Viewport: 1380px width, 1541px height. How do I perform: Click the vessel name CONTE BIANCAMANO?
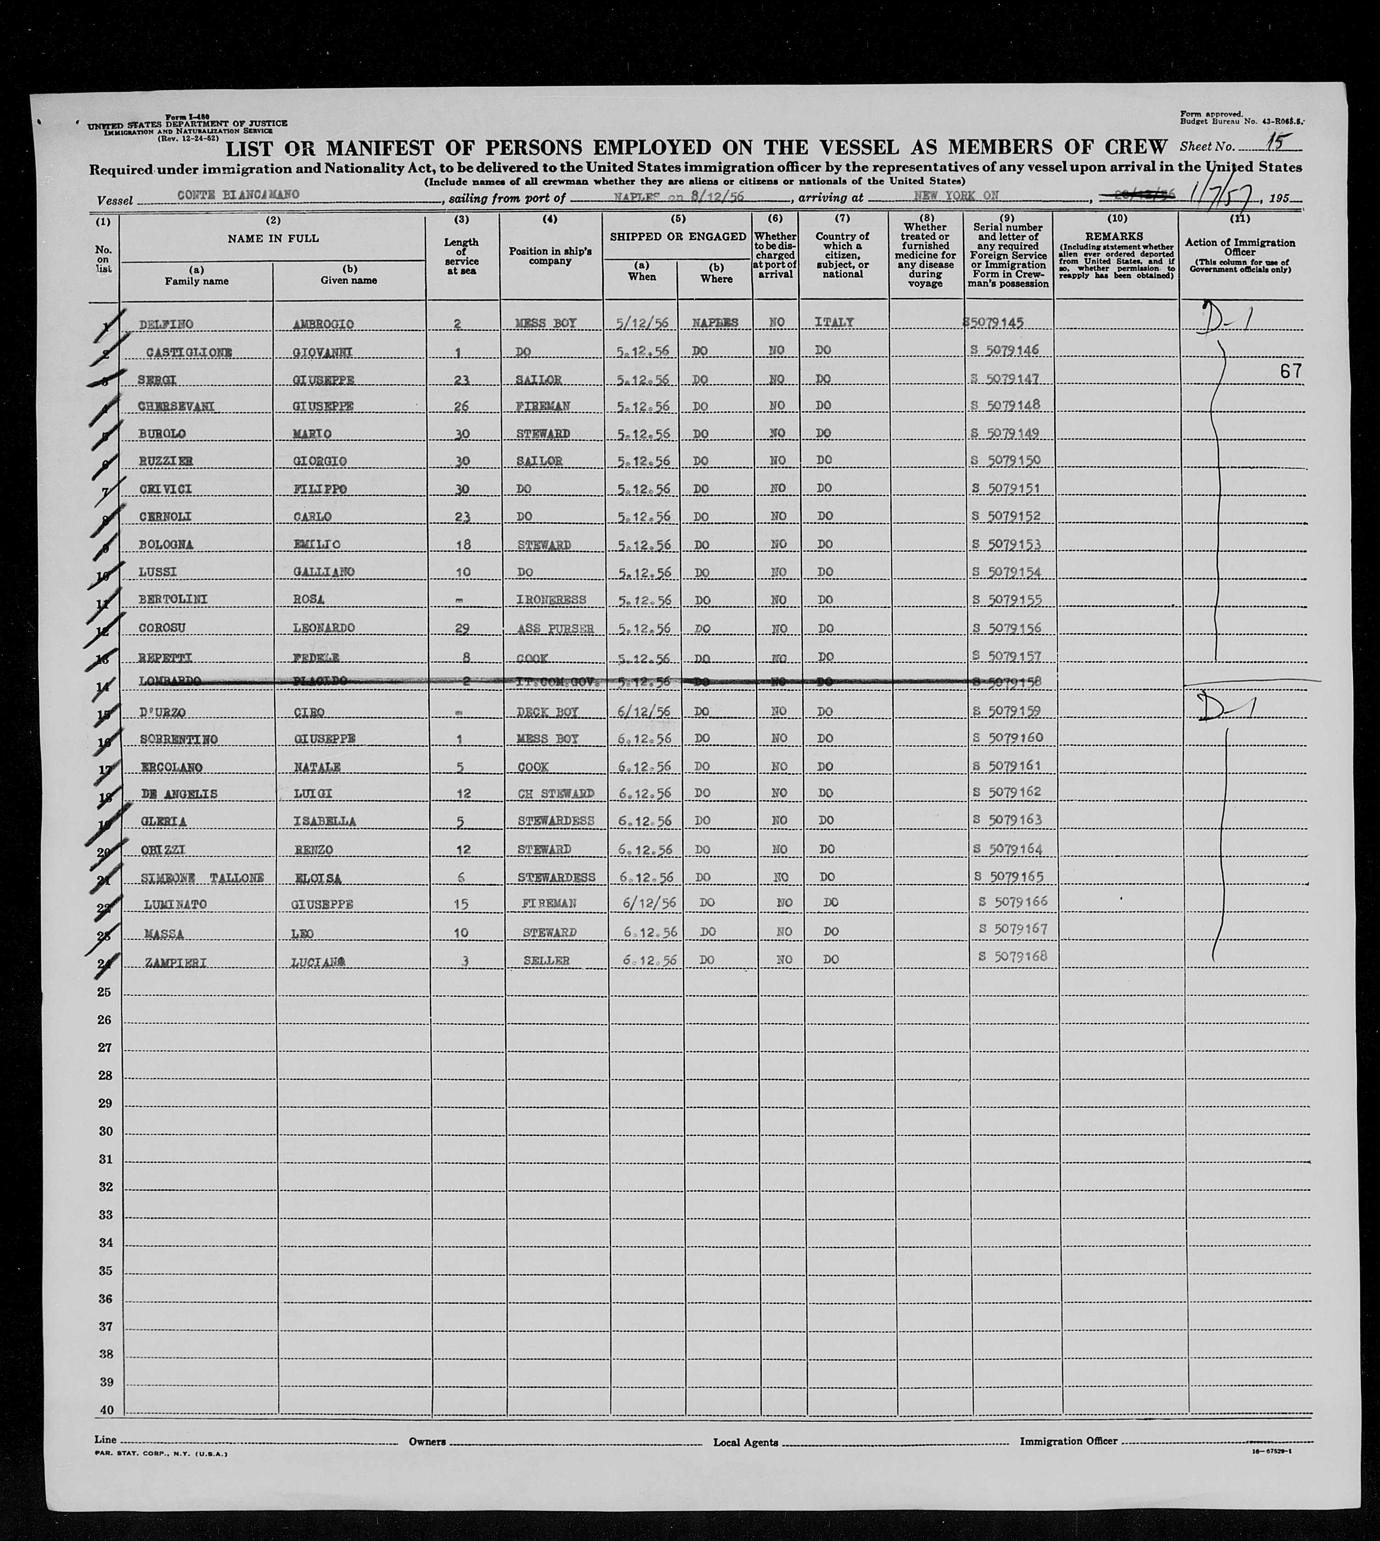238,195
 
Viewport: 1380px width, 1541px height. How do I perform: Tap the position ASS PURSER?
556,629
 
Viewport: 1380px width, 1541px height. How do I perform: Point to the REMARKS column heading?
1114,237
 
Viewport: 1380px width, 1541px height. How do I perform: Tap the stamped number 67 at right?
1290,371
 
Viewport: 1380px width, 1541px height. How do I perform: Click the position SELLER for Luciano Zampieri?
546,961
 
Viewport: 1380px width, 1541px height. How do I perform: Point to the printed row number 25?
105,992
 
